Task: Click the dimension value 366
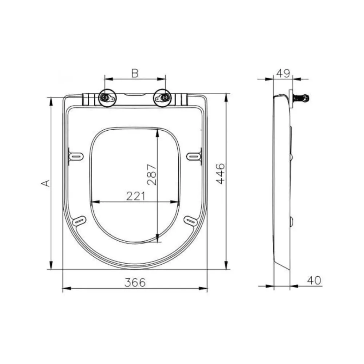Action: pos(135,282)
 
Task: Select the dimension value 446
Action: pos(221,174)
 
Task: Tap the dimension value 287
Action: pos(152,175)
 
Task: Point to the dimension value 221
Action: pos(136,196)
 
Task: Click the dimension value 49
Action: pos(283,74)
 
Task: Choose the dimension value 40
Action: pos(314,280)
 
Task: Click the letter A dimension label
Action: pos(45,183)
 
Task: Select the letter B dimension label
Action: pos(135,74)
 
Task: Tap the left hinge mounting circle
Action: pos(107,98)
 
